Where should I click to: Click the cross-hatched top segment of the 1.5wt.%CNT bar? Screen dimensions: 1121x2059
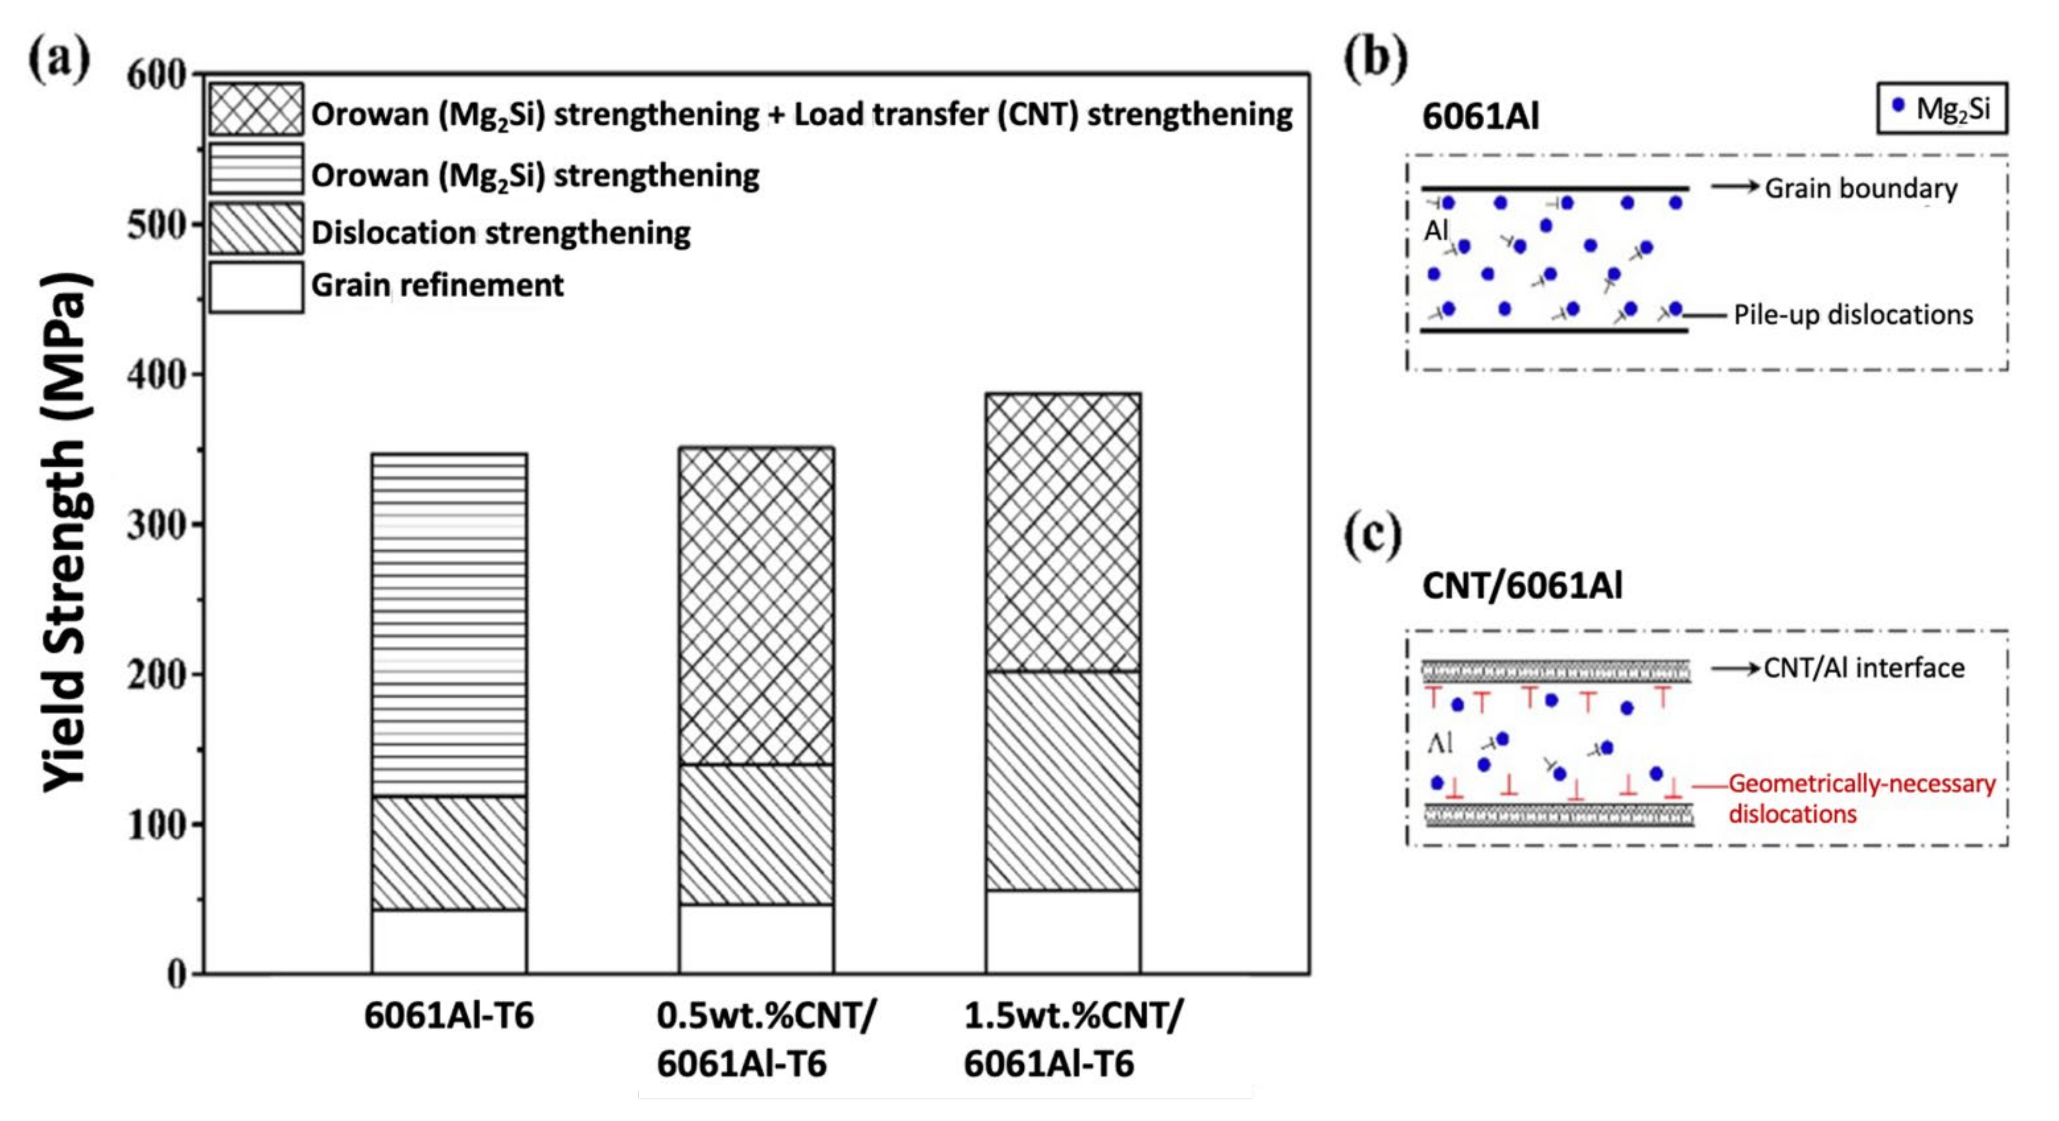pyautogui.click(x=1062, y=532)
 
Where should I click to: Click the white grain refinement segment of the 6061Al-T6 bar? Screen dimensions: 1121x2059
pyautogui.click(x=449, y=941)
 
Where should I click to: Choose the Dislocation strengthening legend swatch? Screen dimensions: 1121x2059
pyautogui.click(x=256, y=228)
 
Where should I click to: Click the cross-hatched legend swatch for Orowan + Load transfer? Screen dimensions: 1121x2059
pyautogui.click(x=256, y=109)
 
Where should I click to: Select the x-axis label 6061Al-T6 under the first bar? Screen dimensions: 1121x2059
pyautogui.click(x=449, y=1016)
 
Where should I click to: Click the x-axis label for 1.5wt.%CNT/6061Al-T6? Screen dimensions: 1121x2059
pyautogui.click(x=1071, y=1041)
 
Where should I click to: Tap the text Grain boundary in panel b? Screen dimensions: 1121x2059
pyautogui.click(x=1861, y=189)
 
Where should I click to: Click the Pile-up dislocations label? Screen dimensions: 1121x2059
pyautogui.click(x=1853, y=315)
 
